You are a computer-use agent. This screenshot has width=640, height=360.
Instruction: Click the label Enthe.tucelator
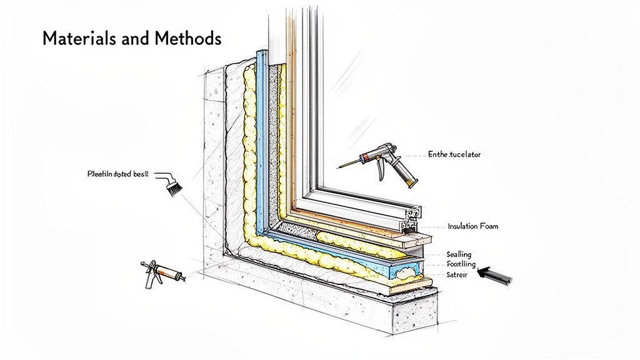coord(454,154)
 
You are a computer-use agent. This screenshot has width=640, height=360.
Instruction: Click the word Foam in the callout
coord(489,226)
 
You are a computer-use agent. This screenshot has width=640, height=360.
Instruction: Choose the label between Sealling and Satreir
coord(461,264)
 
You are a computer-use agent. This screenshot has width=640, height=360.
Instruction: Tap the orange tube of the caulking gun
coord(169,273)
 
